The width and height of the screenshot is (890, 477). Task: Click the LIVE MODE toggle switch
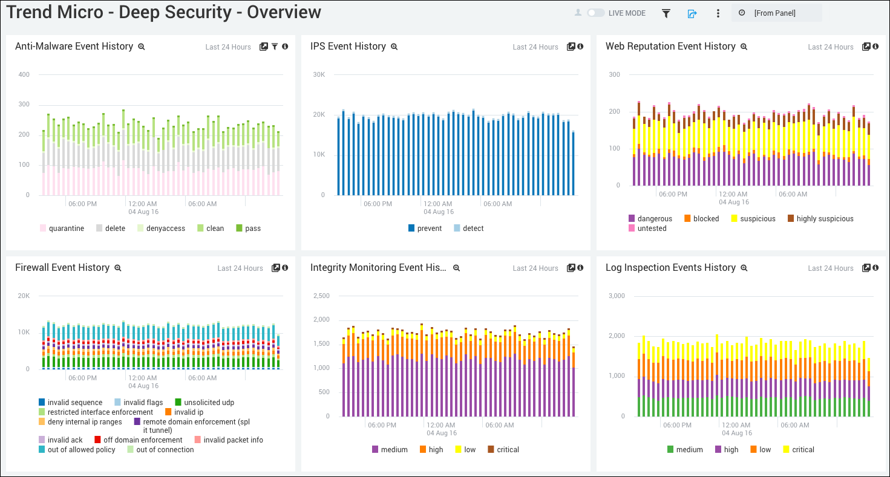pyautogui.click(x=595, y=13)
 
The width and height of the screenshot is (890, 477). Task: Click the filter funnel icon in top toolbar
pyautogui.click(x=666, y=13)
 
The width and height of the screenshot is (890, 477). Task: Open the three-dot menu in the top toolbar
pyautogui.click(x=718, y=13)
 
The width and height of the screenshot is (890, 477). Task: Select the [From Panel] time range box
pyautogui.click(x=776, y=13)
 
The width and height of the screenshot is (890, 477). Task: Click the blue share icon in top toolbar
pyautogui.click(x=692, y=13)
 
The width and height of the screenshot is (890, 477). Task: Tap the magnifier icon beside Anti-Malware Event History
pyautogui.click(x=142, y=47)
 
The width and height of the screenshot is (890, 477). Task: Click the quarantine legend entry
pyautogui.click(x=62, y=229)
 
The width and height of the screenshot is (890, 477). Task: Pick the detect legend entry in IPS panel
pyautogui.click(x=468, y=229)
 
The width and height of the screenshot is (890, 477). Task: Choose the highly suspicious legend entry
pyautogui.click(x=820, y=219)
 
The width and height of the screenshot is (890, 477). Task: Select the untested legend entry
pyautogui.click(x=647, y=229)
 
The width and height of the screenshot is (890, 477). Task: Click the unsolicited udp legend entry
pyautogui.click(x=204, y=403)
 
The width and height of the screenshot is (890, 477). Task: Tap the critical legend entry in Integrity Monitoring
pyautogui.click(x=503, y=450)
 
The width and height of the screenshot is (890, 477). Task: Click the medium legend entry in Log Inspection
pyautogui.click(x=684, y=450)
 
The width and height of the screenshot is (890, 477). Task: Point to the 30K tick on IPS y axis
pyautogui.click(x=318, y=74)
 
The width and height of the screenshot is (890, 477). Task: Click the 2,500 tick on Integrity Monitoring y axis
pyautogui.click(x=321, y=296)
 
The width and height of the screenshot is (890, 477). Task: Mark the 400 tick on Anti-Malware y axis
pyautogui.click(x=24, y=74)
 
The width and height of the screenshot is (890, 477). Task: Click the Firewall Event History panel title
pyautogui.click(x=62, y=268)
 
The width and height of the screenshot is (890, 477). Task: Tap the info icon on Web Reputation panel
pyautogui.click(x=875, y=47)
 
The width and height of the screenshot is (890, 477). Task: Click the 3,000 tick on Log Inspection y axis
pyautogui.click(x=617, y=296)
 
